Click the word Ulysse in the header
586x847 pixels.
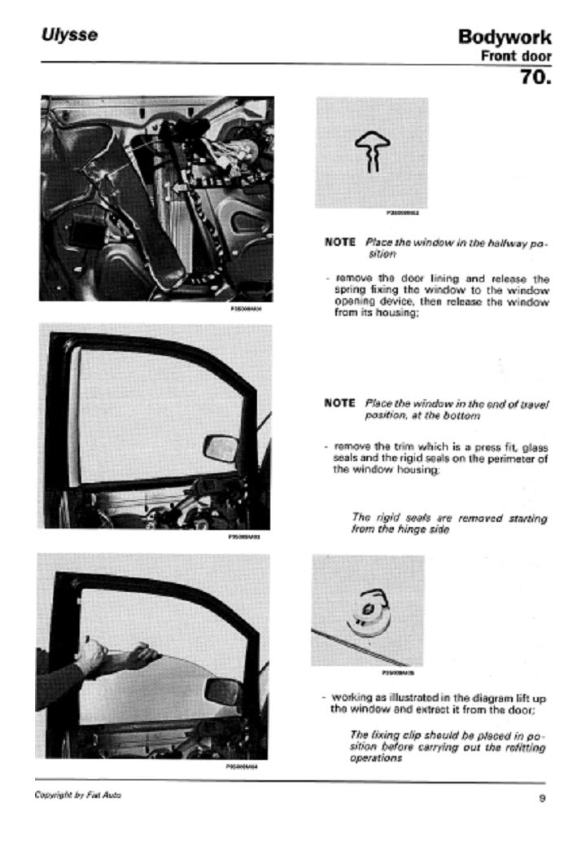[69, 36]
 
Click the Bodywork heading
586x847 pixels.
[505, 37]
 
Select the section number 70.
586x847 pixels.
[536, 78]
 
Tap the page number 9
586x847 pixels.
[542, 798]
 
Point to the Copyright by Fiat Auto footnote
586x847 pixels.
[78, 795]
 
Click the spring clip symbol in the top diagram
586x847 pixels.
[371, 152]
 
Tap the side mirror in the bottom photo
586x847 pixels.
[221, 691]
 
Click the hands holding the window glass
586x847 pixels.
[118, 654]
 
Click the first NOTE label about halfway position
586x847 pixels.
[339, 242]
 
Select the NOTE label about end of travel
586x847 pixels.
[339, 403]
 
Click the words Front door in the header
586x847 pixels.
[516, 56]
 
